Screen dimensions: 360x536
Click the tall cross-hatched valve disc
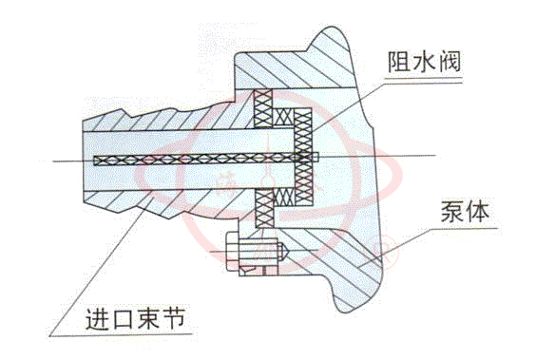tap(302, 156)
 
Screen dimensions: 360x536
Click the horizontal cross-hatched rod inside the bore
tap(190, 160)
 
